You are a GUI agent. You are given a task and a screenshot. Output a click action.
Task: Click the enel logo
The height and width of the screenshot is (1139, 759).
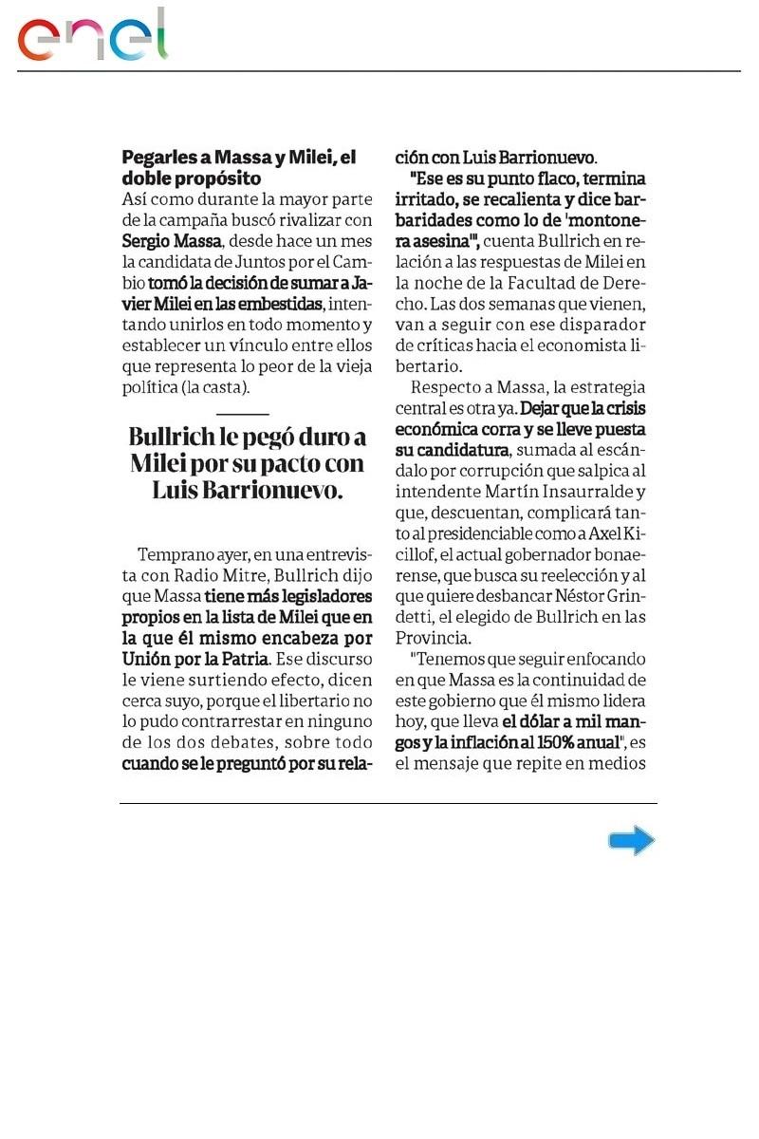(x=93, y=36)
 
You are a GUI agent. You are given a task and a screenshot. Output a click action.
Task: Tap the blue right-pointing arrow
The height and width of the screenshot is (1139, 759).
(x=631, y=840)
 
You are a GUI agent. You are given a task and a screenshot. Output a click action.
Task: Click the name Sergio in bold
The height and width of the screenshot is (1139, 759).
(x=142, y=241)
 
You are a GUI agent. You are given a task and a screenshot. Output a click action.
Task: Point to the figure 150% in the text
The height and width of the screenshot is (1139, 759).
(x=547, y=741)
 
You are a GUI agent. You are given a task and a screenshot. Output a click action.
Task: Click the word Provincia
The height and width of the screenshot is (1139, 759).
(x=433, y=637)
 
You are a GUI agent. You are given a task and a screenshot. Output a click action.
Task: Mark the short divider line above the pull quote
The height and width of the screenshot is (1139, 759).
(x=243, y=414)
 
